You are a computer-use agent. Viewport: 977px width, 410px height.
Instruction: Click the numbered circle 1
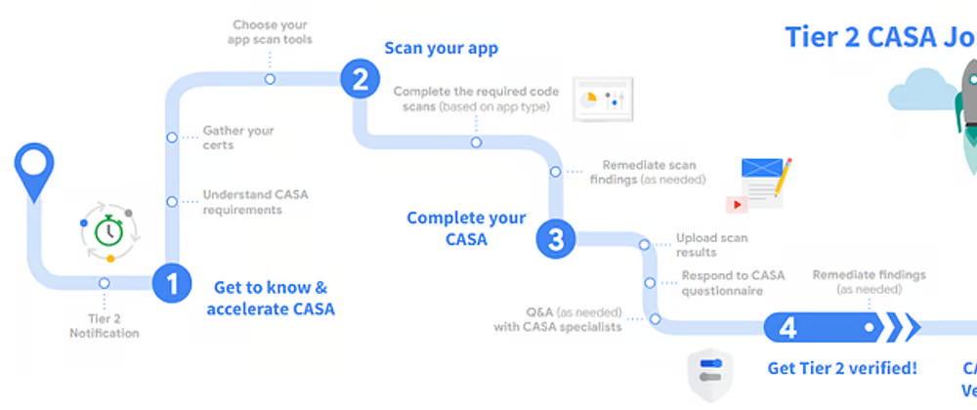click(x=172, y=284)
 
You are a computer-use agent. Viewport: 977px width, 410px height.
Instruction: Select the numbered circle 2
click(x=360, y=78)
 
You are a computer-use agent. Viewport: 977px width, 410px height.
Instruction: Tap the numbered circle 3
click(x=555, y=239)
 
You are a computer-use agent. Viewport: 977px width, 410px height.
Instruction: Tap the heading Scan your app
click(x=441, y=49)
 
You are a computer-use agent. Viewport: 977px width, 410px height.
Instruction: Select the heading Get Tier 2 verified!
click(x=842, y=368)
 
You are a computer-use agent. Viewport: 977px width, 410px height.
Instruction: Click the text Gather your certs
click(x=237, y=138)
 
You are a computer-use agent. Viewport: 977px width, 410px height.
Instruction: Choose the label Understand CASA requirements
click(x=254, y=202)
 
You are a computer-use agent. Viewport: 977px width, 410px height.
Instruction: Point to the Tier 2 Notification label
click(x=104, y=325)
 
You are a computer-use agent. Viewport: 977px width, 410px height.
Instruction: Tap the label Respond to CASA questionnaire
click(x=732, y=283)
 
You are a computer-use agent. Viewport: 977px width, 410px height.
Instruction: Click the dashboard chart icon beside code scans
click(x=602, y=99)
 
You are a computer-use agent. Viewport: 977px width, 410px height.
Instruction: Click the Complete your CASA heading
click(x=466, y=227)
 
